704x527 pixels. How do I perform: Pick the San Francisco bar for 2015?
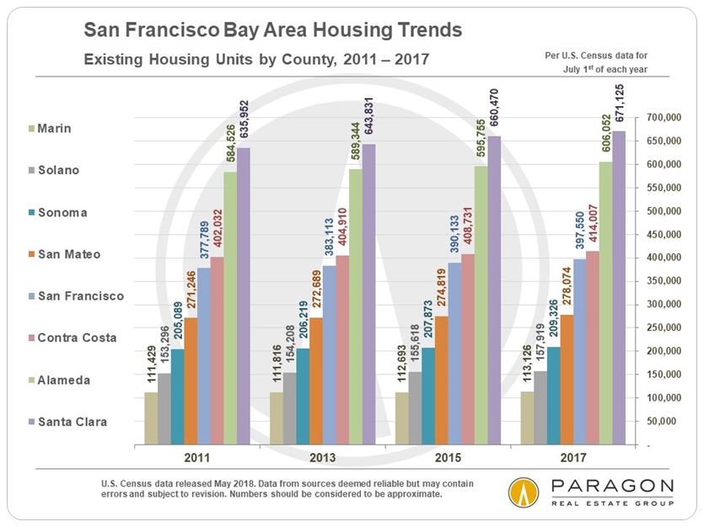[x=454, y=353]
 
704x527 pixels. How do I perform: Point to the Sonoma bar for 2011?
[x=178, y=396]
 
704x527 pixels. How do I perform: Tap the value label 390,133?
[x=454, y=234]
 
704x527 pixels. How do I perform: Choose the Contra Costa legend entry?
[x=77, y=338]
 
